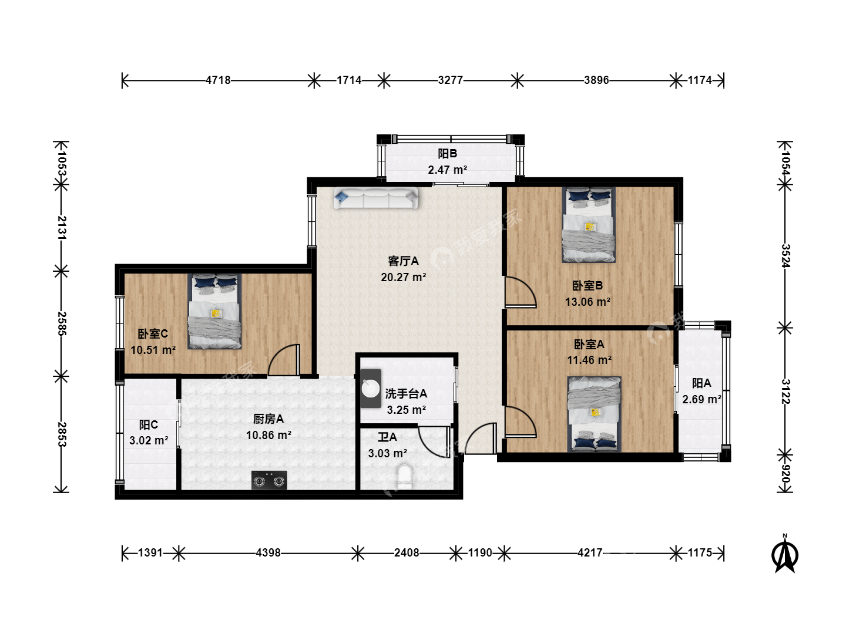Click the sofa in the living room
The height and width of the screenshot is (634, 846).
click(375, 198)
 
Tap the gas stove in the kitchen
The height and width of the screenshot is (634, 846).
click(269, 480)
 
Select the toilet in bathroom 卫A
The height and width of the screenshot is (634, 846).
click(404, 477)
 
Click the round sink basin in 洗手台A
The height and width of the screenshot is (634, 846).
click(370, 389)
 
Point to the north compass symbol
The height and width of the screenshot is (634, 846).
click(785, 555)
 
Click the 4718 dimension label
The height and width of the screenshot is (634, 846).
click(218, 80)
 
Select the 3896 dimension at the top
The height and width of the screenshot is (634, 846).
click(596, 80)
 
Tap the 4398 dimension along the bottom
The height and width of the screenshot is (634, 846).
click(268, 553)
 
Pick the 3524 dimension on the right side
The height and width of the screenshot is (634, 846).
click(785, 256)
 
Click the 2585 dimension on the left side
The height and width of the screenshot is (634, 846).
click(62, 323)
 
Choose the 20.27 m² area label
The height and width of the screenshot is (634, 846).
click(404, 277)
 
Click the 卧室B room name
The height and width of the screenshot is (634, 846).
click(587, 286)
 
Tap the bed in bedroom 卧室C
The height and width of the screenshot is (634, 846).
click(214, 311)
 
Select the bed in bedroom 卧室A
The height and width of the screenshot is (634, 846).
click(594, 414)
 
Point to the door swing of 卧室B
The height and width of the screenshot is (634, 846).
click(521, 292)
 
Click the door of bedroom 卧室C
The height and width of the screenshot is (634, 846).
click(284, 359)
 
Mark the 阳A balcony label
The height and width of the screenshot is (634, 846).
click(701, 383)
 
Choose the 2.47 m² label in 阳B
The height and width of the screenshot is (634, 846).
click(448, 170)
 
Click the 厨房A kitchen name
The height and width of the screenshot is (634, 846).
click(268, 419)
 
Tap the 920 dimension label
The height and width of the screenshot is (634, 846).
click(785, 474)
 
